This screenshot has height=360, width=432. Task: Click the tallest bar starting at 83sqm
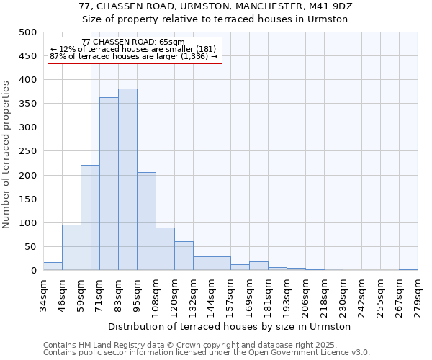127,180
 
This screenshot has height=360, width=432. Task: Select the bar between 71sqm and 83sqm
109,184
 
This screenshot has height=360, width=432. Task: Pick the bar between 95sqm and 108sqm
146,222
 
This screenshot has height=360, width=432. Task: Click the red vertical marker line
91,144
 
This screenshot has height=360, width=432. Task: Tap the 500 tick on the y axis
28,32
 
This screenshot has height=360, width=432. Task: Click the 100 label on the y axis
28,223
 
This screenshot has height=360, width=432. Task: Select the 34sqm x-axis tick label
44,292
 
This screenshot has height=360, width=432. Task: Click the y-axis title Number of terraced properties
7,154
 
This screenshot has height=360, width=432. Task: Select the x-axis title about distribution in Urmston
230,326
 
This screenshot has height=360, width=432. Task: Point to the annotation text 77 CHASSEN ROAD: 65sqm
133,42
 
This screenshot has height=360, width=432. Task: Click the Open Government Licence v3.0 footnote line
207,352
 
